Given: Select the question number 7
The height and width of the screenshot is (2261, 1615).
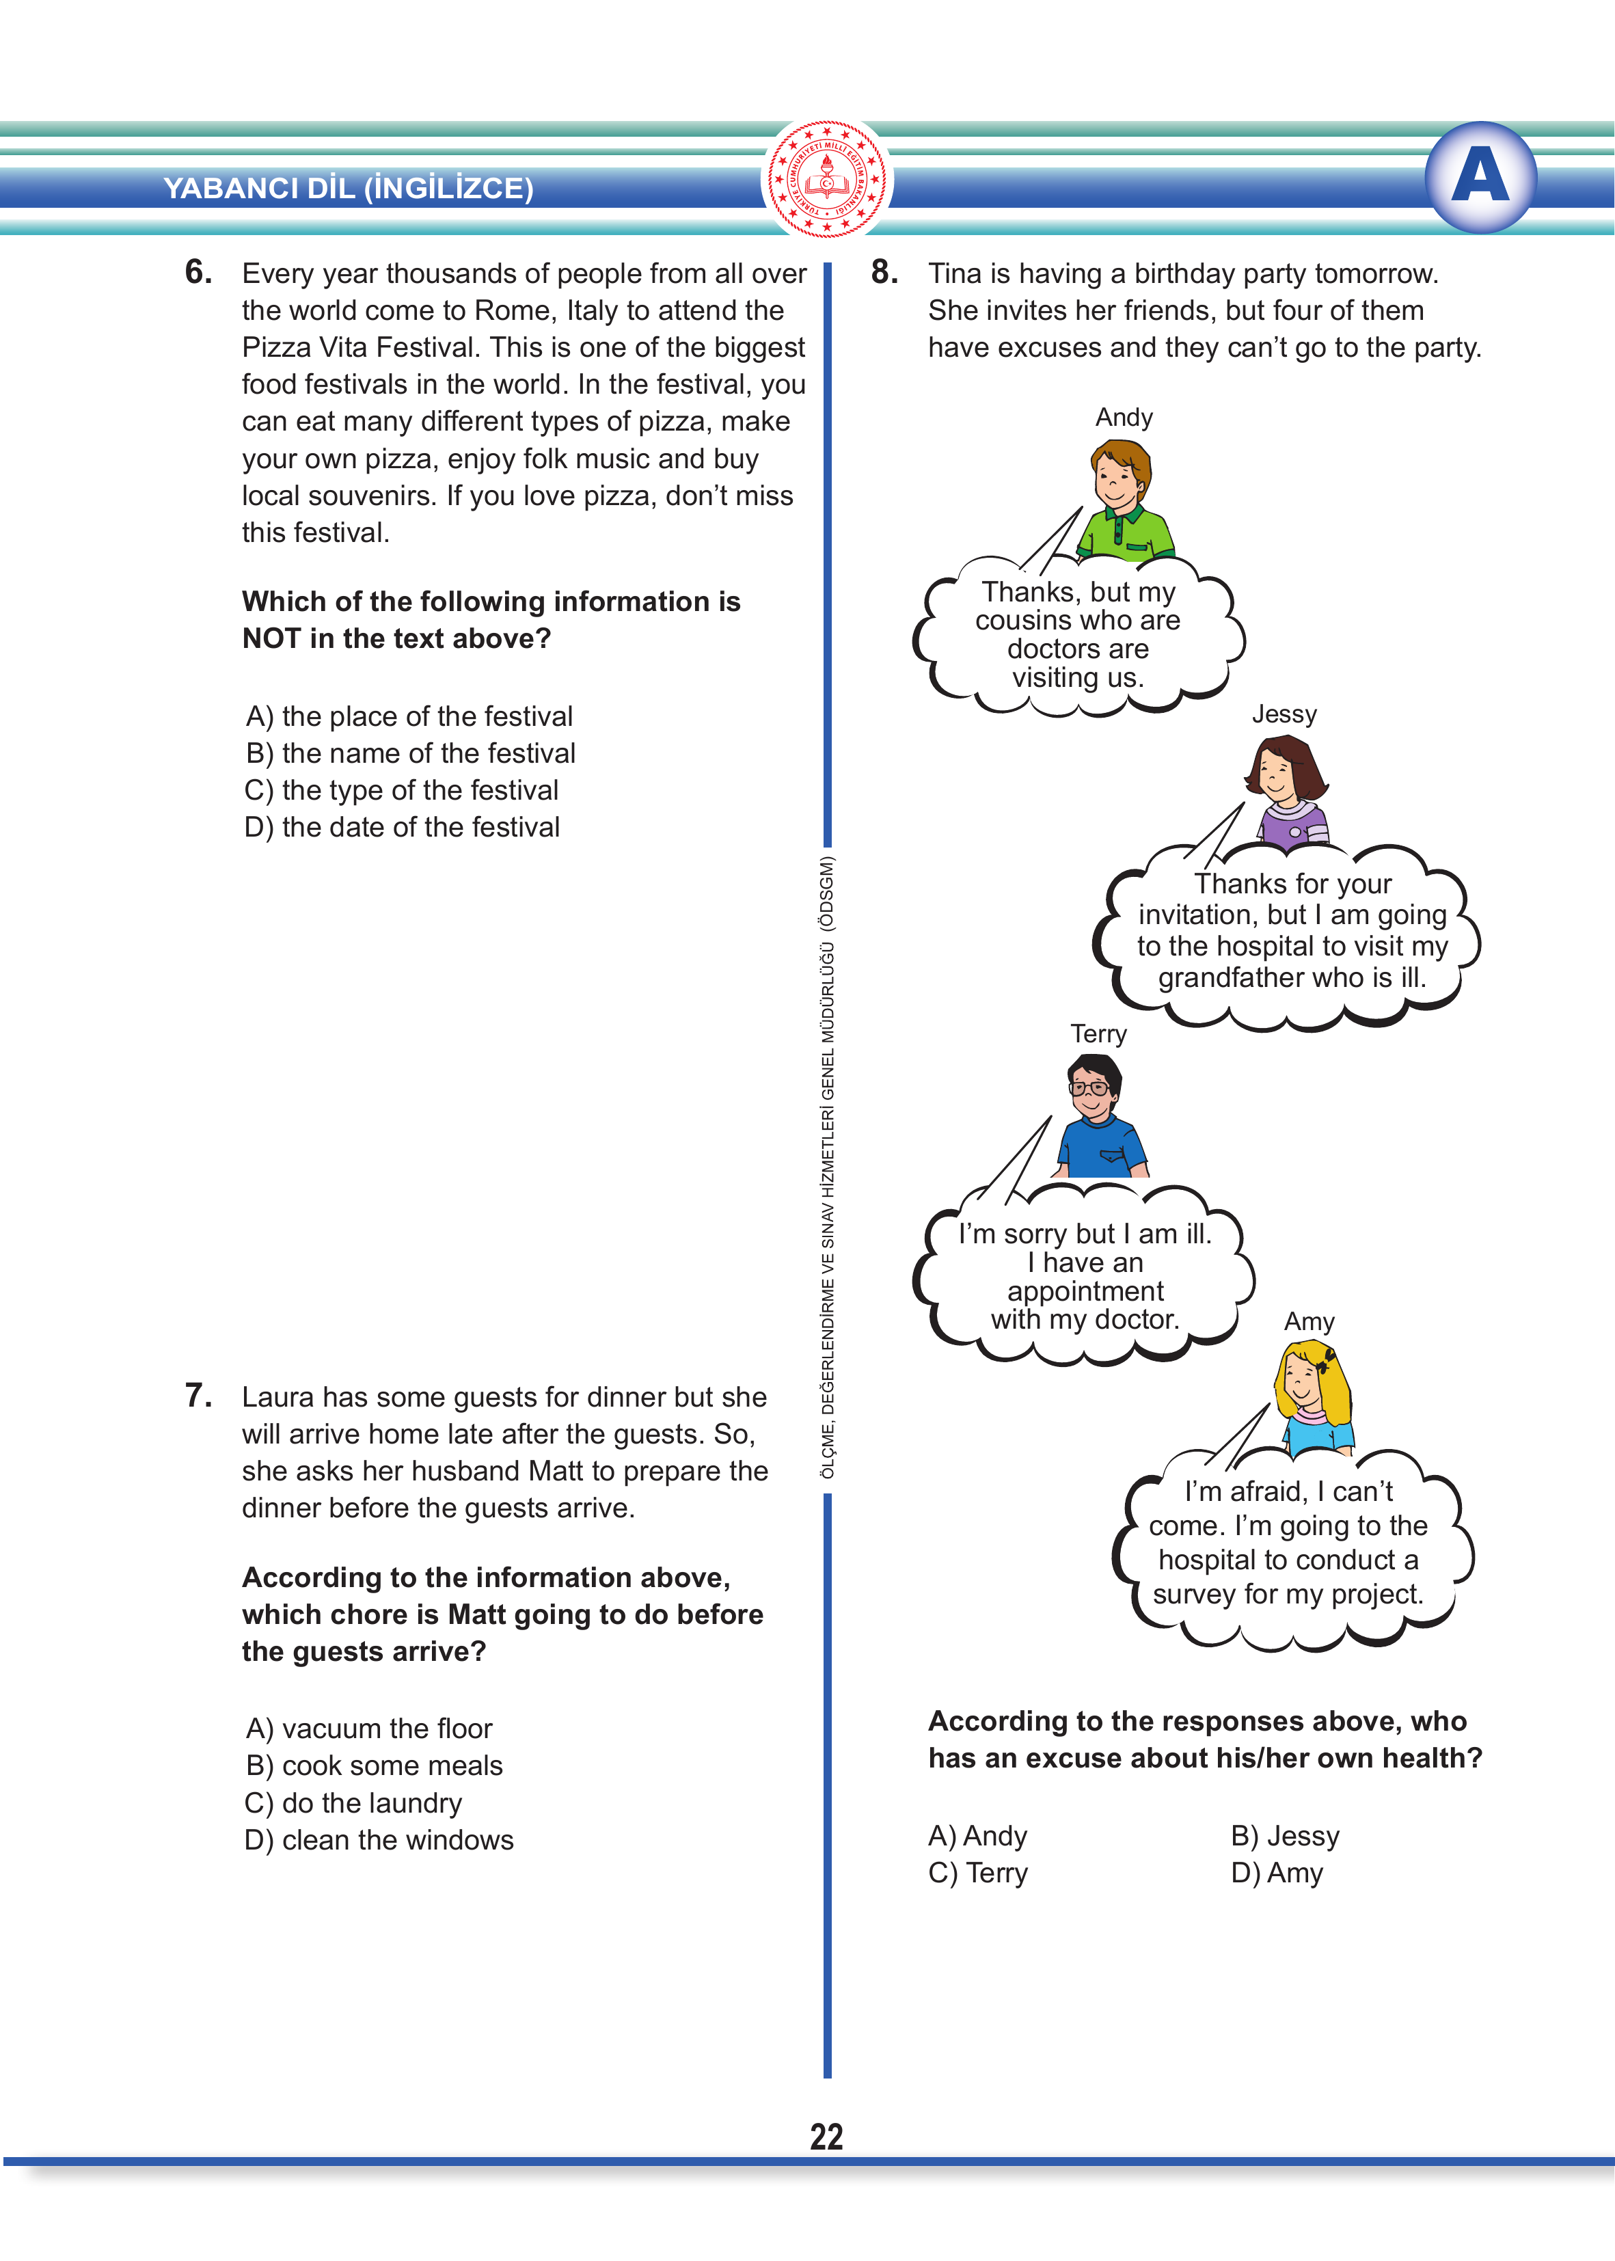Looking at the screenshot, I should (198, 1395).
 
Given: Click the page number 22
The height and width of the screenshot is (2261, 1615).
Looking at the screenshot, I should (826, 2136).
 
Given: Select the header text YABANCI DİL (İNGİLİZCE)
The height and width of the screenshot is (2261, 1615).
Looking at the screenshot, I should (348, 188).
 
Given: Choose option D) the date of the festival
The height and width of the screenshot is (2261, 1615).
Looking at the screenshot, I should (402, 827).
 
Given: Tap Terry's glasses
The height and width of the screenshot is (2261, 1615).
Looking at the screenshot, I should (1090, 1087).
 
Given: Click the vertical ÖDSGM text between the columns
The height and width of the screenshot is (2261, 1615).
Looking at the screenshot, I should (828, 1163).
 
